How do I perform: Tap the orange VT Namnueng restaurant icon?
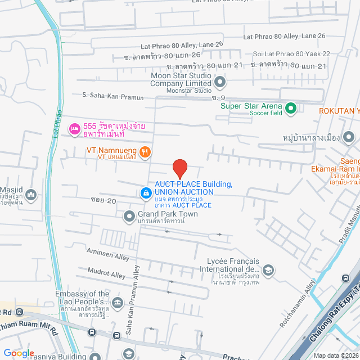pos(145,151)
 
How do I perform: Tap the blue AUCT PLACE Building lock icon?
pos(146,193)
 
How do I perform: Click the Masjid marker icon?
pos(30,195)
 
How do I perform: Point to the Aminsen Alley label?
pos(92,255)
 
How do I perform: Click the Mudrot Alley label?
pos(107,274)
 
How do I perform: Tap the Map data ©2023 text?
pos(336,355)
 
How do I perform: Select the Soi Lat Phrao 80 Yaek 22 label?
pos(291,53)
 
